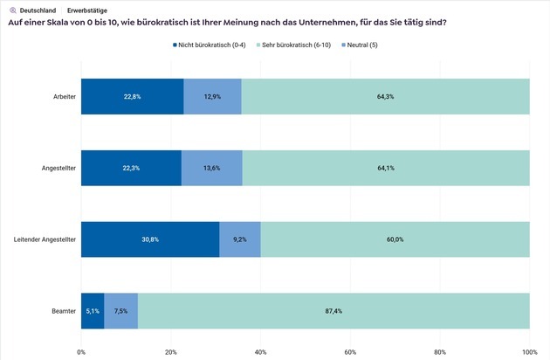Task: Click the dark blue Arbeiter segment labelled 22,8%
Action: click(x=132, y=96)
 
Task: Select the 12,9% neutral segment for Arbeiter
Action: click(x=212, y=96)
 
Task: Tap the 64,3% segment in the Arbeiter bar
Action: click(x=385, y=96)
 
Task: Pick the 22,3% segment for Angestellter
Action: click(x=131, y=168)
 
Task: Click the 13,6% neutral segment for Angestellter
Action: click(x=211, y=168)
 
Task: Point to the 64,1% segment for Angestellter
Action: click(x=385, y=168)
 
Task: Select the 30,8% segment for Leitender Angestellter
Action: click(x=150, y=239)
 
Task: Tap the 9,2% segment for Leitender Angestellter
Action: click(x=240, y=239)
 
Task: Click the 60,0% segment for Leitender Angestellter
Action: click(x=395, y=239)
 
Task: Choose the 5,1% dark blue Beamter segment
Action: click(x=93, y=310)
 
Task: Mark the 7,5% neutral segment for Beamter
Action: click(x=120, y=310)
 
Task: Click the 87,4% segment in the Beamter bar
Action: click(x=333, y=310)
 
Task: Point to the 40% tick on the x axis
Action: click(x=260, y=352)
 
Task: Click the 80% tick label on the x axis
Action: click(x=440, y=352)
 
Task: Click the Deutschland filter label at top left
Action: click(x=37, y=10)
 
